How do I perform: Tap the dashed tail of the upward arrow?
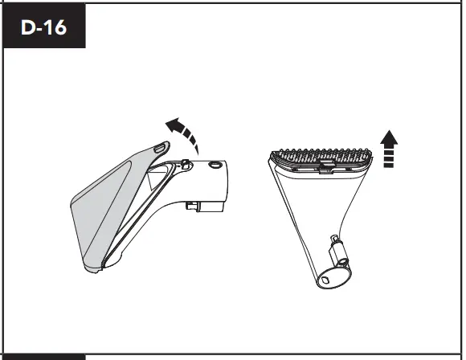point(389,158)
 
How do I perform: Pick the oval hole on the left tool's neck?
point(215,163)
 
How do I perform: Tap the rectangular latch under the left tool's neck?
point(198,207)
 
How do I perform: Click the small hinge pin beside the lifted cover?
point(186,163)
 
